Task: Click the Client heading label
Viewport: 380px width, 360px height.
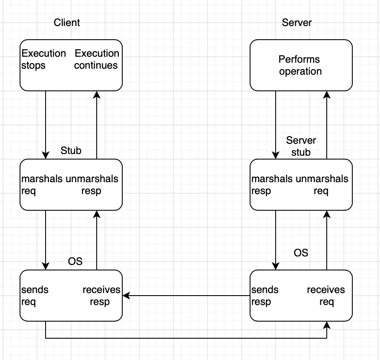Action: tap(66, 23)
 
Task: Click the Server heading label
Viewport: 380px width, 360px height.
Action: tap(297, 23)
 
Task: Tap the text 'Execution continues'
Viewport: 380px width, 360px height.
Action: tap(97, 59)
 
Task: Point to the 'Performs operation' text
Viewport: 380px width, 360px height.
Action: tap(300, 65)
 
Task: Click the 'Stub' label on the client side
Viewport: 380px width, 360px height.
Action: tap(71, 151)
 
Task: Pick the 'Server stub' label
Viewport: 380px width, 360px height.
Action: tap(301, 146)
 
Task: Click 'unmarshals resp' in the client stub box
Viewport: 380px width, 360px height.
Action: tap(92, 185)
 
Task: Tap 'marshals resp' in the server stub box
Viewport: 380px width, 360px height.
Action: tap(272, 185)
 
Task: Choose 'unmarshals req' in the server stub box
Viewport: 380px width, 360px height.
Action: tap(321, 185)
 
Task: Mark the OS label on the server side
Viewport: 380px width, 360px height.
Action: tap(301, 253)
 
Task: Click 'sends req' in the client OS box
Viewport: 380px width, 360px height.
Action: tap(35, 296)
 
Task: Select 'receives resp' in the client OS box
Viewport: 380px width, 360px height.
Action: tap(101, 296)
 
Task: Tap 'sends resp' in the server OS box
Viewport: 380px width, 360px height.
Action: tap(265, 296)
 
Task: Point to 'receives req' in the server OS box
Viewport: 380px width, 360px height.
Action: tap(326, 296)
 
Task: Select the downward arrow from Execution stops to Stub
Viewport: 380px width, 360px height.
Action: tap(46, 124)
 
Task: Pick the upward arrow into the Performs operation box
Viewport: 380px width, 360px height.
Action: tap(327, 124)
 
